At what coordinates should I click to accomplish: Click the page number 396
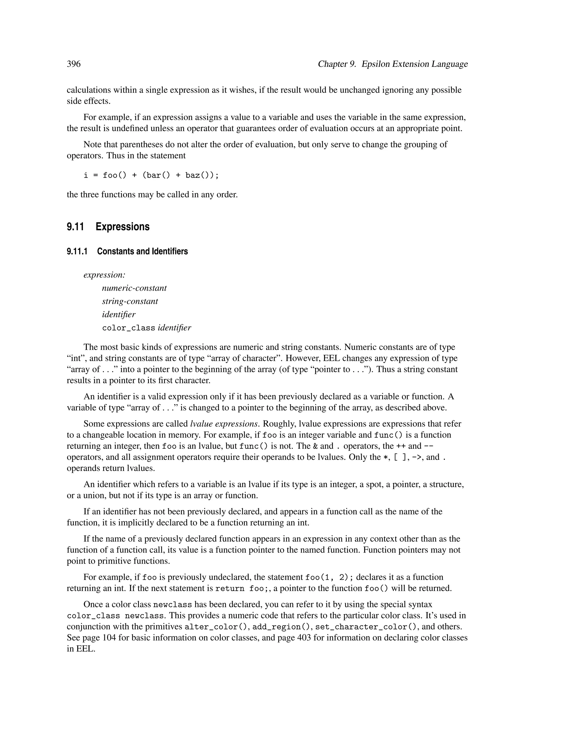pyautogui.click(x=74, y=64)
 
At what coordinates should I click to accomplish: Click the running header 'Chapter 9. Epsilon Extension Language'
pyautogui.click(x=393, y=64)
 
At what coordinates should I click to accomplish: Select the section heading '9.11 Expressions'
pyautogui.click(x=108, y=227)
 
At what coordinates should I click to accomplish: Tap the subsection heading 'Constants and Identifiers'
pyautogui.click(x=142, y=251)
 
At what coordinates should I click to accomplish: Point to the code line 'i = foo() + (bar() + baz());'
pyautogui.click(x=151, y=175)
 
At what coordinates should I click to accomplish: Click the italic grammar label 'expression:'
pyautogui.click(x=104, y=275)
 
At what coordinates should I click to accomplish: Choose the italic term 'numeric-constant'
pyautogui.click(x=134, y=288)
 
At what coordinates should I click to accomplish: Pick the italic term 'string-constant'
pyautogui.click(x=130, y=301)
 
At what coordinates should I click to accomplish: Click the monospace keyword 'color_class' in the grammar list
pyautogui.click(x=128, y=328)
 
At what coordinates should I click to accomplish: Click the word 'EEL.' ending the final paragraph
pyautogui.click(x=81, y=649)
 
